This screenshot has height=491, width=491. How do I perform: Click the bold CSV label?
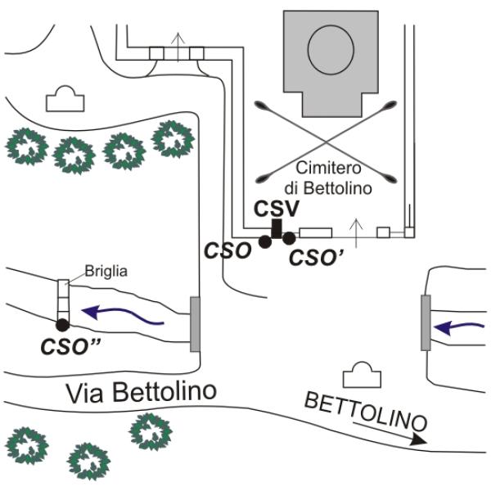(x=277, y=209)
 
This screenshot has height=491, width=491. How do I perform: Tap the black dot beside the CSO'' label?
(x=62, y=325)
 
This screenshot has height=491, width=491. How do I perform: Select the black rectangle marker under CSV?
(x=277, y=228)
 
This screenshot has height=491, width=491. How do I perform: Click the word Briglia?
(x=106, y=272)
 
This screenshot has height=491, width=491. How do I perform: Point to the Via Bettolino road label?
(x=142, y=392)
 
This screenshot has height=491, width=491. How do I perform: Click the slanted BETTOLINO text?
(x=366, y=412)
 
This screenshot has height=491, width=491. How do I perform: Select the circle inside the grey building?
(x=331, y=49)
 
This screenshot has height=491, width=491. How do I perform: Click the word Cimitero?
(x=328, y=168)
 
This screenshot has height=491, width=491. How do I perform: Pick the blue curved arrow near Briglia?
(x=122, y=315)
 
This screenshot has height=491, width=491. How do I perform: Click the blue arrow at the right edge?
(x=459, y=328)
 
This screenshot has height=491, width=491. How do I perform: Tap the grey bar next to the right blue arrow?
(x=426, y=322)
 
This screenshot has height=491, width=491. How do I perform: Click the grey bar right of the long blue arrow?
(x=195, y=324)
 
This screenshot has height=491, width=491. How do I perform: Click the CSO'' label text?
(x=70, y=347)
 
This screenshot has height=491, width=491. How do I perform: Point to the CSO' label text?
(x=316, y=258)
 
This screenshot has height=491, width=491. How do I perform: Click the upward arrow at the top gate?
(x=178, y=47)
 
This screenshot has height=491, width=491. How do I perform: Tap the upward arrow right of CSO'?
(x=356, y=233)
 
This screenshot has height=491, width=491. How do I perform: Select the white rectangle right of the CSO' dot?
(x=316, y=233)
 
